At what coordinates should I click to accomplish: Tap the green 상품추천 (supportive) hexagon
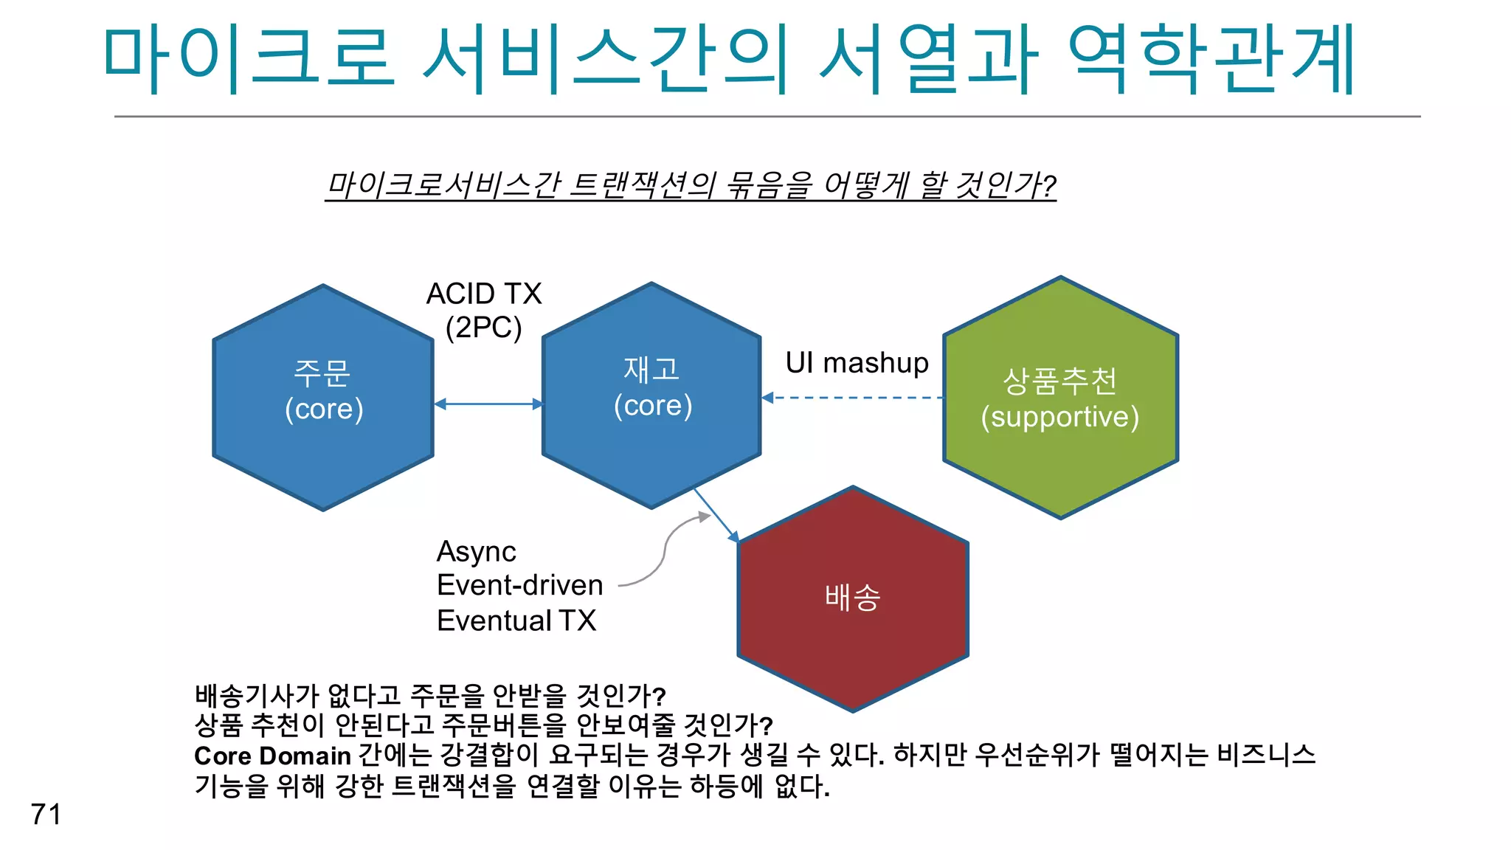[1060, 398]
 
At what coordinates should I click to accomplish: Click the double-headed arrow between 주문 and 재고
[488, 404]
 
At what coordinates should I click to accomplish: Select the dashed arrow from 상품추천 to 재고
[852, 398]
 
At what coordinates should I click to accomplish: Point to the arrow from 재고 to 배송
[716, 514]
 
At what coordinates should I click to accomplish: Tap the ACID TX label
[484, 294]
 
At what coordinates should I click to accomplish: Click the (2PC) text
[484, 327]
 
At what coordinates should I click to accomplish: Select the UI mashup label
[857, 363]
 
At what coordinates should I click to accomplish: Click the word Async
[477, 552]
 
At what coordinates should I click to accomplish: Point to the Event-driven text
[519, 585]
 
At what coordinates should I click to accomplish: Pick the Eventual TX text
[516, 621]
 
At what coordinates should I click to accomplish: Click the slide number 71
[46, 814]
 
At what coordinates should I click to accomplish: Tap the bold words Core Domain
[272, 756]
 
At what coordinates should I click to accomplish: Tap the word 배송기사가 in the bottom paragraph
[256, 695]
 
